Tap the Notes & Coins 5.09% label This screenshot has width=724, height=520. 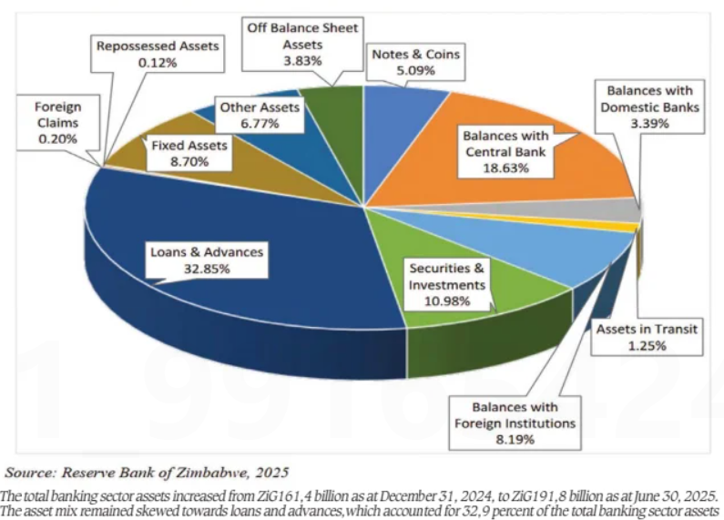coord(414,62)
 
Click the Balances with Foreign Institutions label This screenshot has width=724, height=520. coord(515,423)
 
